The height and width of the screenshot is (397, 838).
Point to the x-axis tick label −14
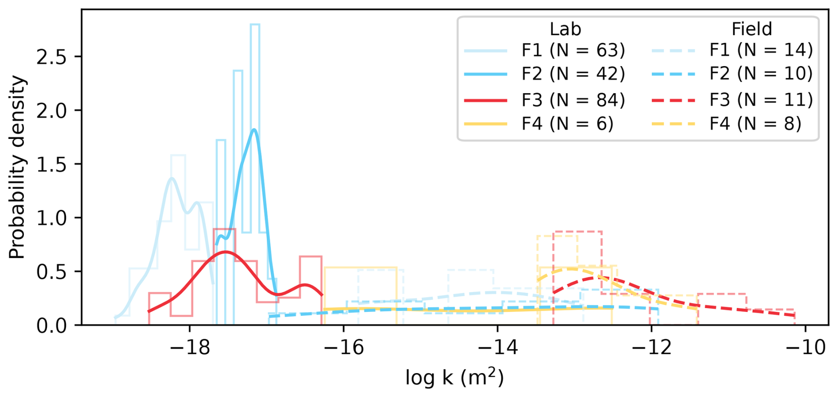(x=497, y=347)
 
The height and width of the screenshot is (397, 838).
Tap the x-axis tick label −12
(x=651, y=347)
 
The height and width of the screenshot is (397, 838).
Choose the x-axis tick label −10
(x=805, y=347)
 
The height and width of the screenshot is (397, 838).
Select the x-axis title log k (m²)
(x=454, y=377)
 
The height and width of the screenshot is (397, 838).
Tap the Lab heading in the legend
(x=565, y=29)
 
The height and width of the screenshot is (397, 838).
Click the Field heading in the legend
(x=752, y=29)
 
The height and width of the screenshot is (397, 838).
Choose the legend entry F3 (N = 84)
(x=573, y=100)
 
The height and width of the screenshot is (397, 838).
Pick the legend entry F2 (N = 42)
(x=573, y=74)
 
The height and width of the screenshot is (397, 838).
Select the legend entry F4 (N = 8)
(x=755, y=124)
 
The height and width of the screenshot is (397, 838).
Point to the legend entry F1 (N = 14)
(x=761, y=50)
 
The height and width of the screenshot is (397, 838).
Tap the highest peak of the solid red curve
(x=226, y=252)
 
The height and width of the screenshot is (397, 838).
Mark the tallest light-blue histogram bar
(x=255, y=129)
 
